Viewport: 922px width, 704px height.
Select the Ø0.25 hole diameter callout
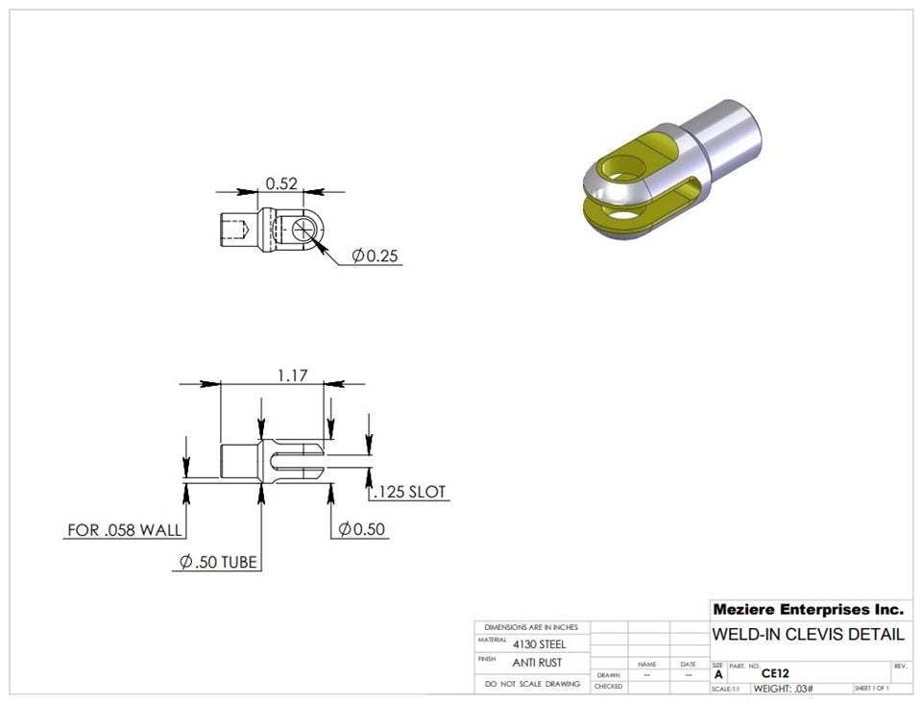pos(375,255)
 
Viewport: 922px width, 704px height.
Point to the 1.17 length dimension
pos(292,375)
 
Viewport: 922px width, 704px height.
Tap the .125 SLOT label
pos(410,492)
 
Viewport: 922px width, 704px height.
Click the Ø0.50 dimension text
pos(363,529)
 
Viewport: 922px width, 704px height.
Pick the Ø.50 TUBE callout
pos(218,562)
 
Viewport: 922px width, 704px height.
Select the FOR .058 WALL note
pos(125,529)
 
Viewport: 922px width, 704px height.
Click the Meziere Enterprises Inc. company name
pos(808,610)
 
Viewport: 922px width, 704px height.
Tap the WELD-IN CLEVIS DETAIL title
pos(808,635)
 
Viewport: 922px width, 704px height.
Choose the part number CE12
pos(775,673)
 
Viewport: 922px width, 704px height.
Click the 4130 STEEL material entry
pos(540,644)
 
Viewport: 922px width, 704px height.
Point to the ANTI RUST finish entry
pos(537,663)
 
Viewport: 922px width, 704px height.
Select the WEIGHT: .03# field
pos(783,689)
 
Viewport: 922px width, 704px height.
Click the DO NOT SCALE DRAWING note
pos(532,684)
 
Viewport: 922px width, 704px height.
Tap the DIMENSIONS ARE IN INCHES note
pos(531,627)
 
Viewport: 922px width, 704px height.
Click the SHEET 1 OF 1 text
pos(871,689)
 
